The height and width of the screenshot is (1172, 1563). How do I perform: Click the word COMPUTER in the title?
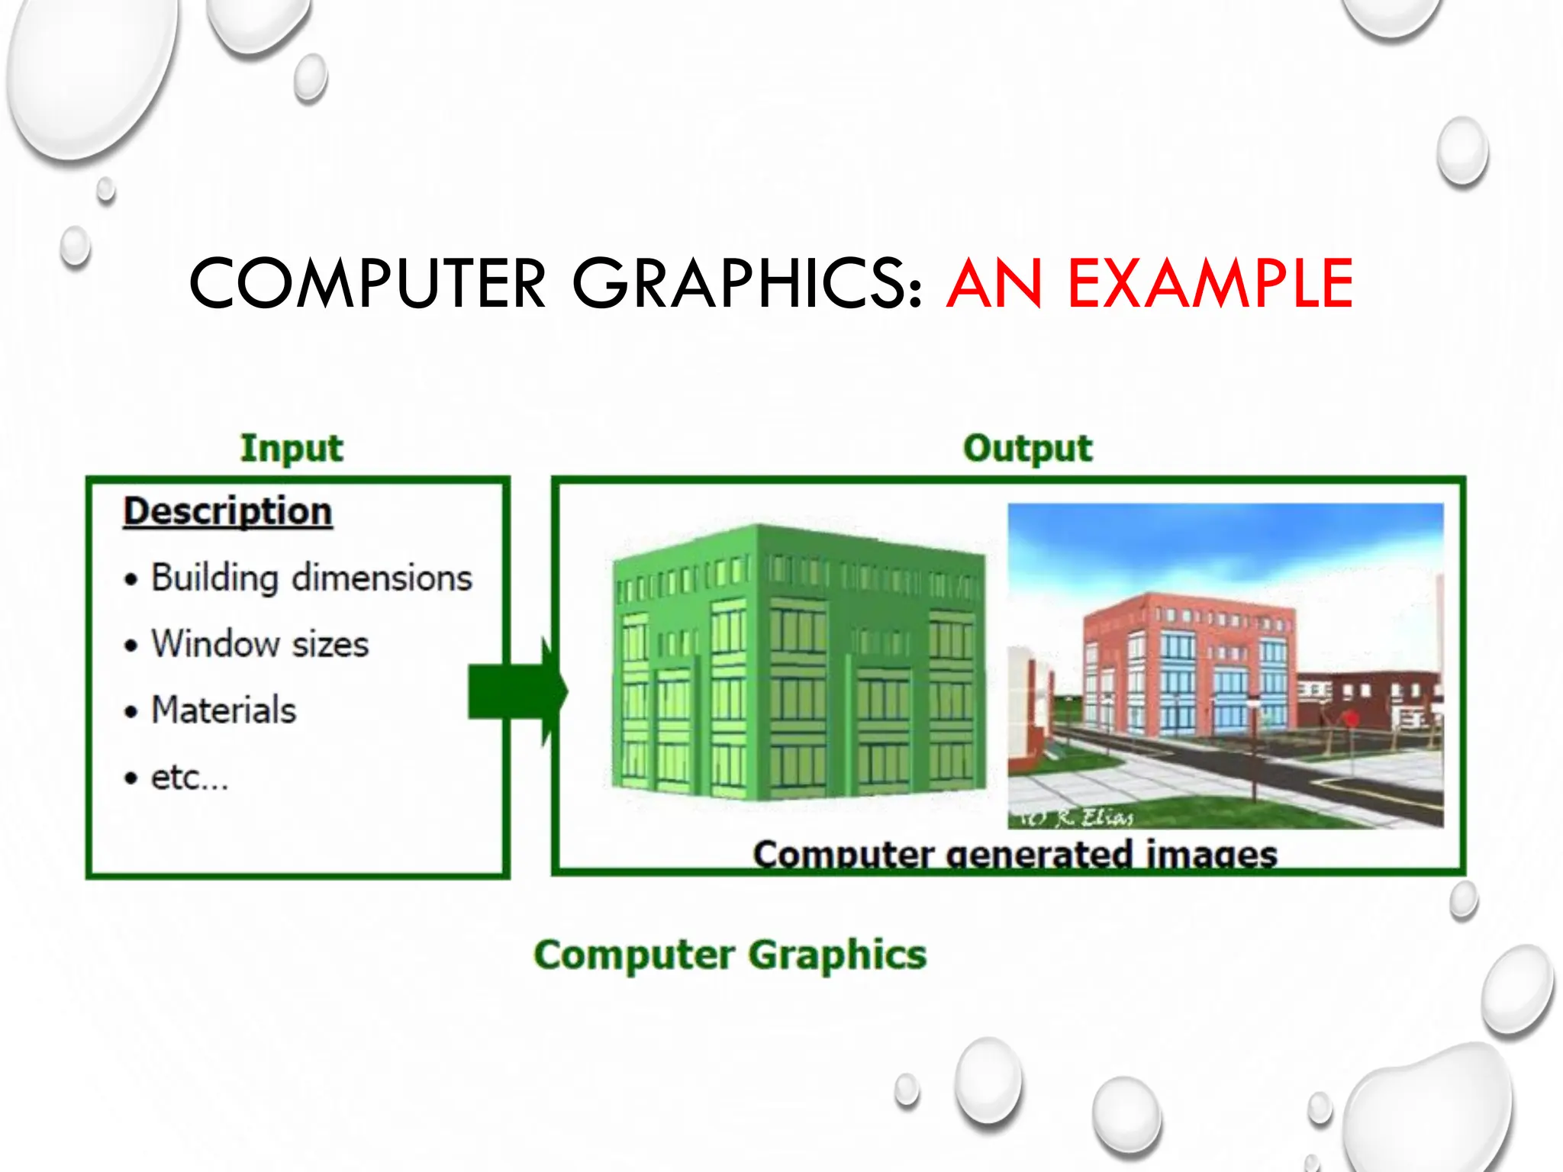pos(367,284)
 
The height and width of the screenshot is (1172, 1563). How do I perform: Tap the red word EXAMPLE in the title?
pos(1210,284)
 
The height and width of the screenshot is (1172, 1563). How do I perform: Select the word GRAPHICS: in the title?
pos(748,284)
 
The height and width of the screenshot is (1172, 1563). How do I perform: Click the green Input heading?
pos(292,448)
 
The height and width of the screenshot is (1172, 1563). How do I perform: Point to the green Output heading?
pos(1027,448)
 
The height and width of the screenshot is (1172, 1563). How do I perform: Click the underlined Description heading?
pos(227,511)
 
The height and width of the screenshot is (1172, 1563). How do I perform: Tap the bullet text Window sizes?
pos(259,644)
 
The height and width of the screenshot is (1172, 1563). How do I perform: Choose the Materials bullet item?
pos(223,710)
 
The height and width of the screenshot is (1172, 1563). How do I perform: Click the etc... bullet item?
pos(189,778)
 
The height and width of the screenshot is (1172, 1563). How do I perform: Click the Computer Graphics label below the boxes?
pos(730,955)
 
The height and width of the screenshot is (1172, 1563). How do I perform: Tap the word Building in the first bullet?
pos(214,578)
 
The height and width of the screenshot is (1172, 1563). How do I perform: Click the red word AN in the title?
pos(994,284)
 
